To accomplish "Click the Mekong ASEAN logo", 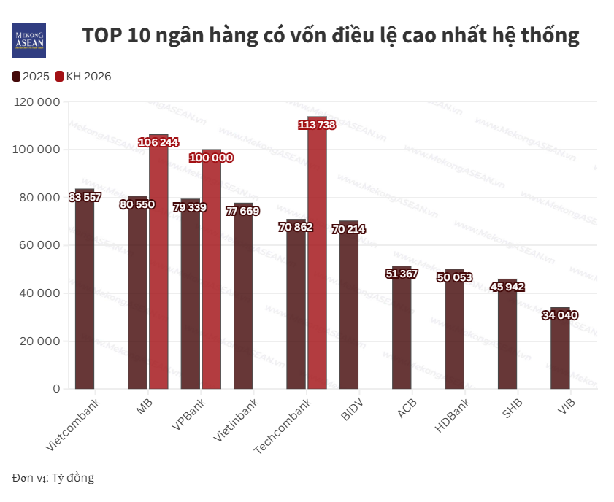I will tap(29, 41).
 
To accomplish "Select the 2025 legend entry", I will tap(31, 76).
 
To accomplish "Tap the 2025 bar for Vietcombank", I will tap(85, 292).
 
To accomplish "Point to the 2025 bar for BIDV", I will tap(349, 306).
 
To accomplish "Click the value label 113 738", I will tap(317, 125).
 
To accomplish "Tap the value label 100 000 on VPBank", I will tap(211, 158).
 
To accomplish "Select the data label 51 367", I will tap(402, 274).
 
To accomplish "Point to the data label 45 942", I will tap(507, 287).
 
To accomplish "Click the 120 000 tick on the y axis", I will tap(36, 102).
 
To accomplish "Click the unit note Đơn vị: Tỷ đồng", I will tap(53, 478).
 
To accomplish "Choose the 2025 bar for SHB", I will tap(507, 336).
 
